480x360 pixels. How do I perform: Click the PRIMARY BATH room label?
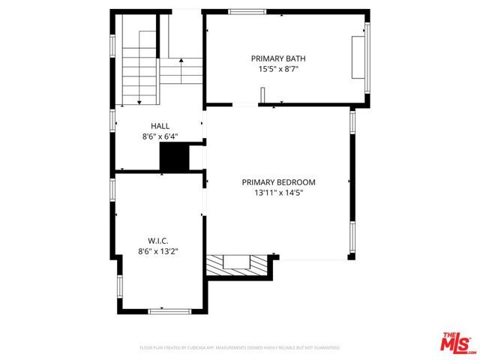tap(278, 58)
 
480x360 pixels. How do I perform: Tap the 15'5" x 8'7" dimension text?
tap(278, 69)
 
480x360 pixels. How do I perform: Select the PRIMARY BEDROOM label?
tap(278, 182)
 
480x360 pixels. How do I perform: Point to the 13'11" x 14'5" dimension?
tap(278, 193)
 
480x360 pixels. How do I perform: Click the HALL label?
tap(160, 126)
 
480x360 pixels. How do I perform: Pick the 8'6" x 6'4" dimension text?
tap(160, 136)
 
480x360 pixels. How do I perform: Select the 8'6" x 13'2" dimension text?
tap(157, 251)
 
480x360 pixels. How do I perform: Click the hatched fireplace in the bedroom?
tap(238, 263)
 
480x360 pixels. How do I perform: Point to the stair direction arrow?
tap(139, 100)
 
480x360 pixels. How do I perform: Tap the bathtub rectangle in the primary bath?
tap(357, 56)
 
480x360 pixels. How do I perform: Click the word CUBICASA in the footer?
tap(207, 348)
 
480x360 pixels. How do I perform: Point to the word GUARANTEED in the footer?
tap(325, 348)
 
